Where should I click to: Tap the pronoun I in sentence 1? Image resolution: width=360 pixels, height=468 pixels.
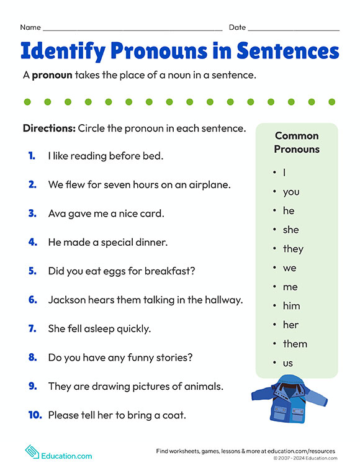50,156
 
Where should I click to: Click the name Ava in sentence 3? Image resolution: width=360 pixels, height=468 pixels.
57,213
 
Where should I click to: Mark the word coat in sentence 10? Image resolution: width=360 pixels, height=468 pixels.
174,415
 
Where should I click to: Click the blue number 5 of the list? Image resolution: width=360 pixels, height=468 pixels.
32,271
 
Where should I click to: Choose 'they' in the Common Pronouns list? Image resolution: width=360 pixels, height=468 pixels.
293,249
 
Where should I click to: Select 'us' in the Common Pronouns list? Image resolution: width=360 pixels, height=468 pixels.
287,363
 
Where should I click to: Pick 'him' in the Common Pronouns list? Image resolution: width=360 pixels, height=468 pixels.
291,306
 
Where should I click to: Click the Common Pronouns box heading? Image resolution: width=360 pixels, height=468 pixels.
297,142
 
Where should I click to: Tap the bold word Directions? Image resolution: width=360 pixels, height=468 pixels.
48,128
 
